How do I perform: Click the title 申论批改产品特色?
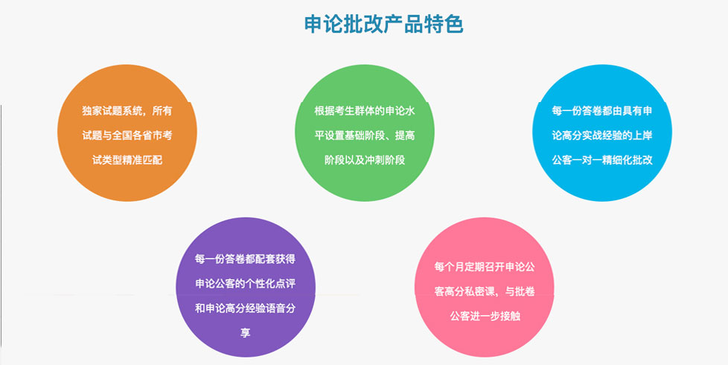[x=383, y=25]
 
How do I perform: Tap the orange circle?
[x=127, y=133]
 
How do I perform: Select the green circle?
[x=365, y=133]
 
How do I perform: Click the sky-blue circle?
[x=602, y=133]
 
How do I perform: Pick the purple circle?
[x=246, y=287]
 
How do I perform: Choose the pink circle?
[x=485, y=287]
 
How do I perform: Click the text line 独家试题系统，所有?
[x=127, y=112]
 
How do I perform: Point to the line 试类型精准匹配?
[x=127, y=160]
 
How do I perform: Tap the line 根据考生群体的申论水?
[x=365, y=112]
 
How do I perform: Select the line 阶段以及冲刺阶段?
[x=365, y=160]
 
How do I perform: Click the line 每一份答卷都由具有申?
[x=602, y=112]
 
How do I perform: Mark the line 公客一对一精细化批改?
[x=602, y=160]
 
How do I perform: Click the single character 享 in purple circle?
[x=246, y=333]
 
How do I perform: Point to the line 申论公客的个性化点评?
[x=246, y=284]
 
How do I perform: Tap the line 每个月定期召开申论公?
[x=485, y=267]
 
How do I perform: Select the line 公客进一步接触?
[x=485, y=317]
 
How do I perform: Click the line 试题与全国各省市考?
[x=127, y=136]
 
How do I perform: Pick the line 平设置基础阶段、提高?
[x=365, y=136]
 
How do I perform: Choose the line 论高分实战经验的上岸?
[x=602, y=136]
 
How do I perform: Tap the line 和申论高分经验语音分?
[x=246, y=308]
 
